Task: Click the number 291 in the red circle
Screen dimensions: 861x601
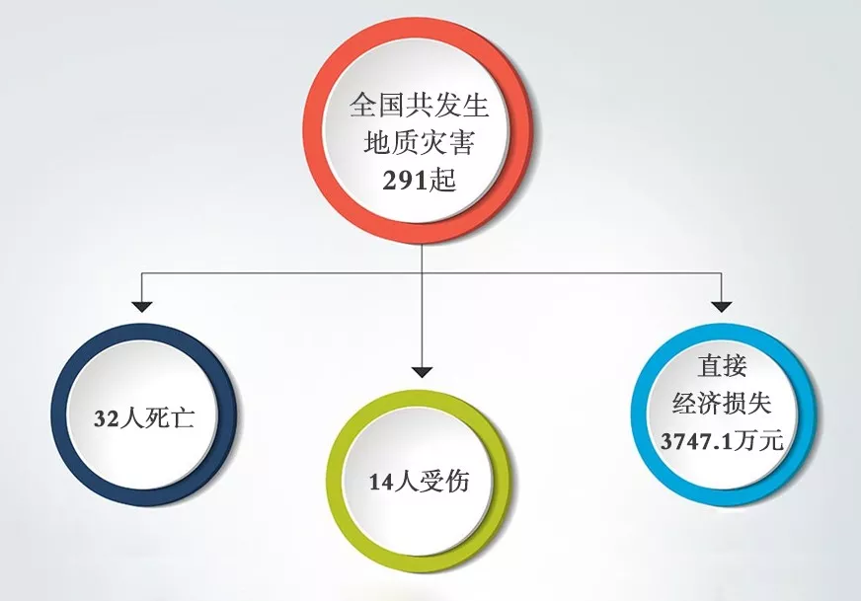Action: [405, 180]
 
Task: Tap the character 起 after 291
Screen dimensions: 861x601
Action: [442, 179]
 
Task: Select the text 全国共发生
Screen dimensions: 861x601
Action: [419, 106]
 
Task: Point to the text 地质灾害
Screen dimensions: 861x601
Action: [419, 142]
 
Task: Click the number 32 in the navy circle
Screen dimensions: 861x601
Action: [107, 419]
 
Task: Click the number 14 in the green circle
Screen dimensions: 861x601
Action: [381, 483]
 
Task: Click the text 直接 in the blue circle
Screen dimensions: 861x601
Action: [722, 366]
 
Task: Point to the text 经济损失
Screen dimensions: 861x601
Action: [722, 404]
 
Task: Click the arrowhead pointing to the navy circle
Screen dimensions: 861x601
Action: [142, 307]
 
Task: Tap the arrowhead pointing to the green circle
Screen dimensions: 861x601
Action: [422, 372]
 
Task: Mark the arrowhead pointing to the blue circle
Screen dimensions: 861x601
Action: [722, 307]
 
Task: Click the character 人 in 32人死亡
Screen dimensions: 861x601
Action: [131, 418]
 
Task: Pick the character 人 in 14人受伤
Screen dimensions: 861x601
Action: [406, 483]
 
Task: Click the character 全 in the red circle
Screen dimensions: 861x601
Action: [363, 106]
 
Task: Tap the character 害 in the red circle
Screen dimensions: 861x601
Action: [461, 142]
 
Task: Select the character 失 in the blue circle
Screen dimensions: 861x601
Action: [760, 404]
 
